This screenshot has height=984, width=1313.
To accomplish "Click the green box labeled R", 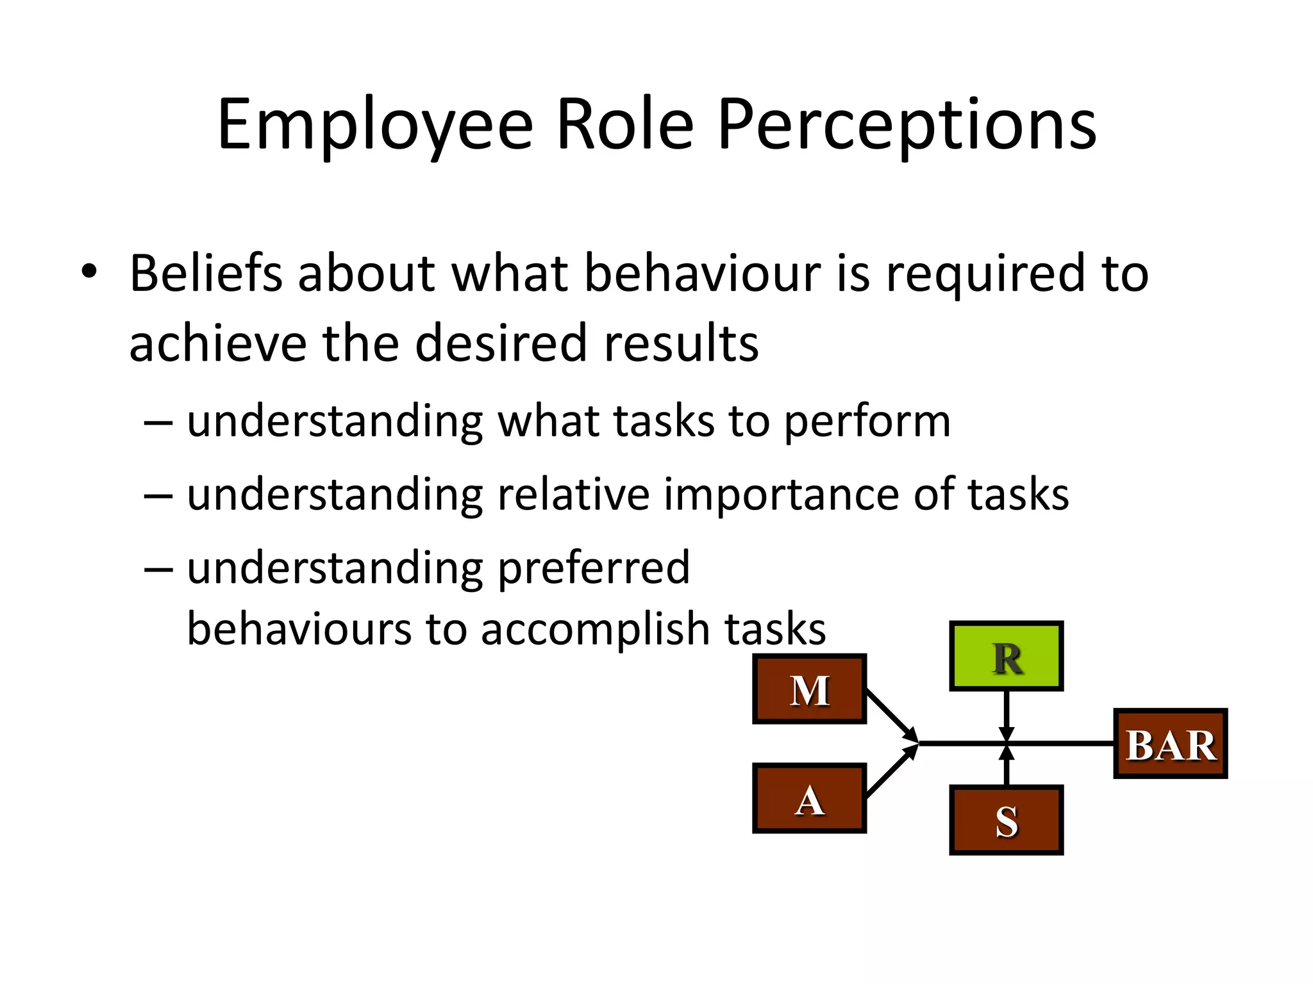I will (x=1006, y=656).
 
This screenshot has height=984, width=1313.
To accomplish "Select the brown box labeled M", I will (x=809, y=689).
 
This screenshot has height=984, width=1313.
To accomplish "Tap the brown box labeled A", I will (x=809, y=798).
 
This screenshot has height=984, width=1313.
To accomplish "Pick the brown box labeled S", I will (x=1006, y=820).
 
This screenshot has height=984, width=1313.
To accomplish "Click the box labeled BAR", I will (x=1170, y=744).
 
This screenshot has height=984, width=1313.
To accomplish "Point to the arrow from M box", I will (x=891, y=715).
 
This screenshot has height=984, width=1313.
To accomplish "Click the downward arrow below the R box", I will (x=1006, y=714).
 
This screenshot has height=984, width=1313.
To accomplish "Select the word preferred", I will (x=594, y=568).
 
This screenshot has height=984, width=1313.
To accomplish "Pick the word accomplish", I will (x=595, y=630).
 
